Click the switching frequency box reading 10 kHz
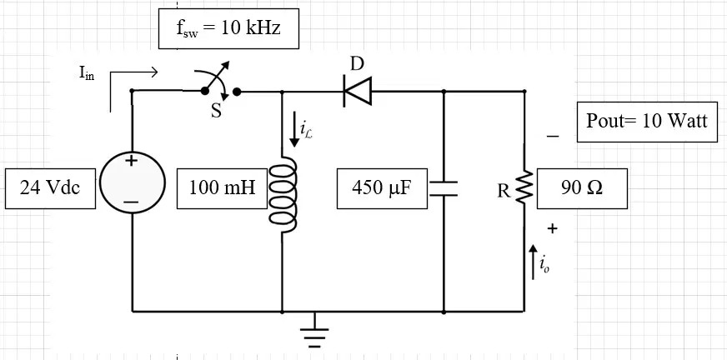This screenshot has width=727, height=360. pyautogui.click(x=228, y=28)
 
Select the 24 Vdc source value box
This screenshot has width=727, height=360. pyautogui.click(x=50, y=188)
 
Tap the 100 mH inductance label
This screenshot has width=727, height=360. pyautogui.click(x=222, y=188)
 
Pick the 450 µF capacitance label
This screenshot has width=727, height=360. pyautogui.click(x=382, y=188)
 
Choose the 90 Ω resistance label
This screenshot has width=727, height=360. pyautogui.click(x=582, y=188)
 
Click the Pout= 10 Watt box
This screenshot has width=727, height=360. pyautogui.click(x=647, y=122)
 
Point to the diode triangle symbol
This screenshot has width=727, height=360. pyautogui.click(x=357, y=92)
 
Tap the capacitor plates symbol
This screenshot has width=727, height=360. pyautogui.click(x=444, y=188)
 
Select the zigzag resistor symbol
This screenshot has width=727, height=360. pyautogui.click(x=524, y=187)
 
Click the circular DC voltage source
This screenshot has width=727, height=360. pyautogui.click(x=132, y=182)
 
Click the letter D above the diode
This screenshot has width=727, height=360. pyautogui.click(x=357, y=64)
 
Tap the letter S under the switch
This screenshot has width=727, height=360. pyautogui.click(x=216, y=112)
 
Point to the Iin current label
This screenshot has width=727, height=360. pyautogui.click(x=87, y=72)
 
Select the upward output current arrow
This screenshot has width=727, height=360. pyautogui.click(x=534, y=262)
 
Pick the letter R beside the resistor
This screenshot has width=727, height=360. pyautogui.click(x=504, y=192)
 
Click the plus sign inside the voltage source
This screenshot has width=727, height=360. pyautogui.click(x=132, y=161)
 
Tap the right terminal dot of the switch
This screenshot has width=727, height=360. pyautogui.click(x=237, y=92)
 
